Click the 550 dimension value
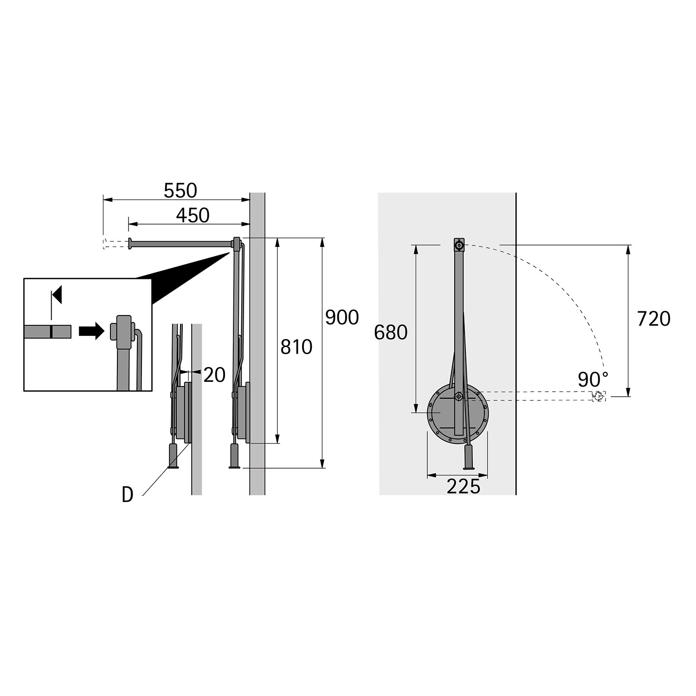(180, 190)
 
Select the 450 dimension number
(193, 215)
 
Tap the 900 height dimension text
(342, 317)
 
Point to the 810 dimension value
(296, 347)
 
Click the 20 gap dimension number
(214, 375)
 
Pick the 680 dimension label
(391, 333)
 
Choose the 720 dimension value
(654, 319)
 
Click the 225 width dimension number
(463, 487)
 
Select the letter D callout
(128, 496)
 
